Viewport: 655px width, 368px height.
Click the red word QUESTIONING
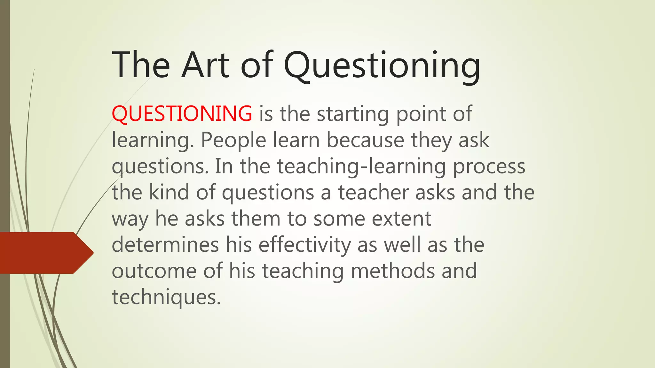(182, 114)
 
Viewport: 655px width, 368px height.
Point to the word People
(233, 141)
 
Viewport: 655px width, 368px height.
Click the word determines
(165, 245)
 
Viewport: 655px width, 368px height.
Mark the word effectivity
(305, 245)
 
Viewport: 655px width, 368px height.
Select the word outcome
(154, 271)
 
